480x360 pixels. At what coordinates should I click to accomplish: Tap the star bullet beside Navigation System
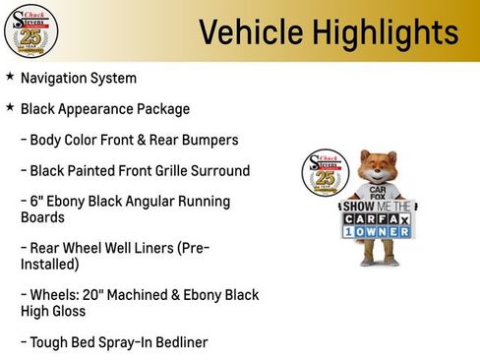tap(10, 77)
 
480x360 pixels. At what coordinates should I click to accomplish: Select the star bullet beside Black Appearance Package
tap(10, 107)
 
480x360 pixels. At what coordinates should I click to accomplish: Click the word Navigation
tap(54, 78)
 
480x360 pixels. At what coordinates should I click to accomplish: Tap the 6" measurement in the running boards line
tap(36, 202)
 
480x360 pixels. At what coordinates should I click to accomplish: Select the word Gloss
tap(66, 311)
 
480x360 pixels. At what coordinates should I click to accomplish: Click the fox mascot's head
tap(379, 168)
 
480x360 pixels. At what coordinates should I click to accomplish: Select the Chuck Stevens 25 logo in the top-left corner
tap(30, 31)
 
